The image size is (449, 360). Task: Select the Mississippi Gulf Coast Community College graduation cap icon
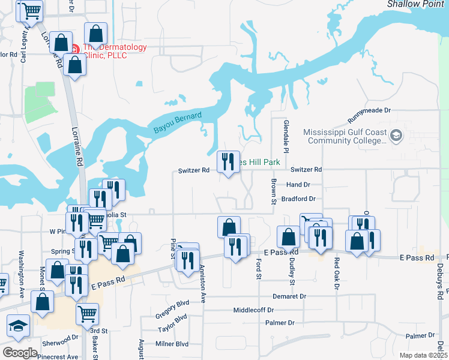(x=396, y=136)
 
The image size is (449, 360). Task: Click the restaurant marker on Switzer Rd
(x=228, y=162)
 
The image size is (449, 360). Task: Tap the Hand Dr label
(x=298, y=185)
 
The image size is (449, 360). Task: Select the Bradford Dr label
(x=298, y=199)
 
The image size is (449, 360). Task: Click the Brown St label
(x=273, y=191)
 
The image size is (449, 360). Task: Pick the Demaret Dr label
(x=289, y=296)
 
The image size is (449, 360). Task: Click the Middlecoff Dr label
(x=253, y=310)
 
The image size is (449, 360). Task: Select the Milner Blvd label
(x=172, y=344)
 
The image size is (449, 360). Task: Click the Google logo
(x=20, y=352)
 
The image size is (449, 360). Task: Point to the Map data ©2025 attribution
(x=423, y=355)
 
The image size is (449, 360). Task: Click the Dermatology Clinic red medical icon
(x=76, y=49)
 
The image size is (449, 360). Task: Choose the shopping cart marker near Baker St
(x=88, y=313)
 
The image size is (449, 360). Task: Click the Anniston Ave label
(x=203, y=284)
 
